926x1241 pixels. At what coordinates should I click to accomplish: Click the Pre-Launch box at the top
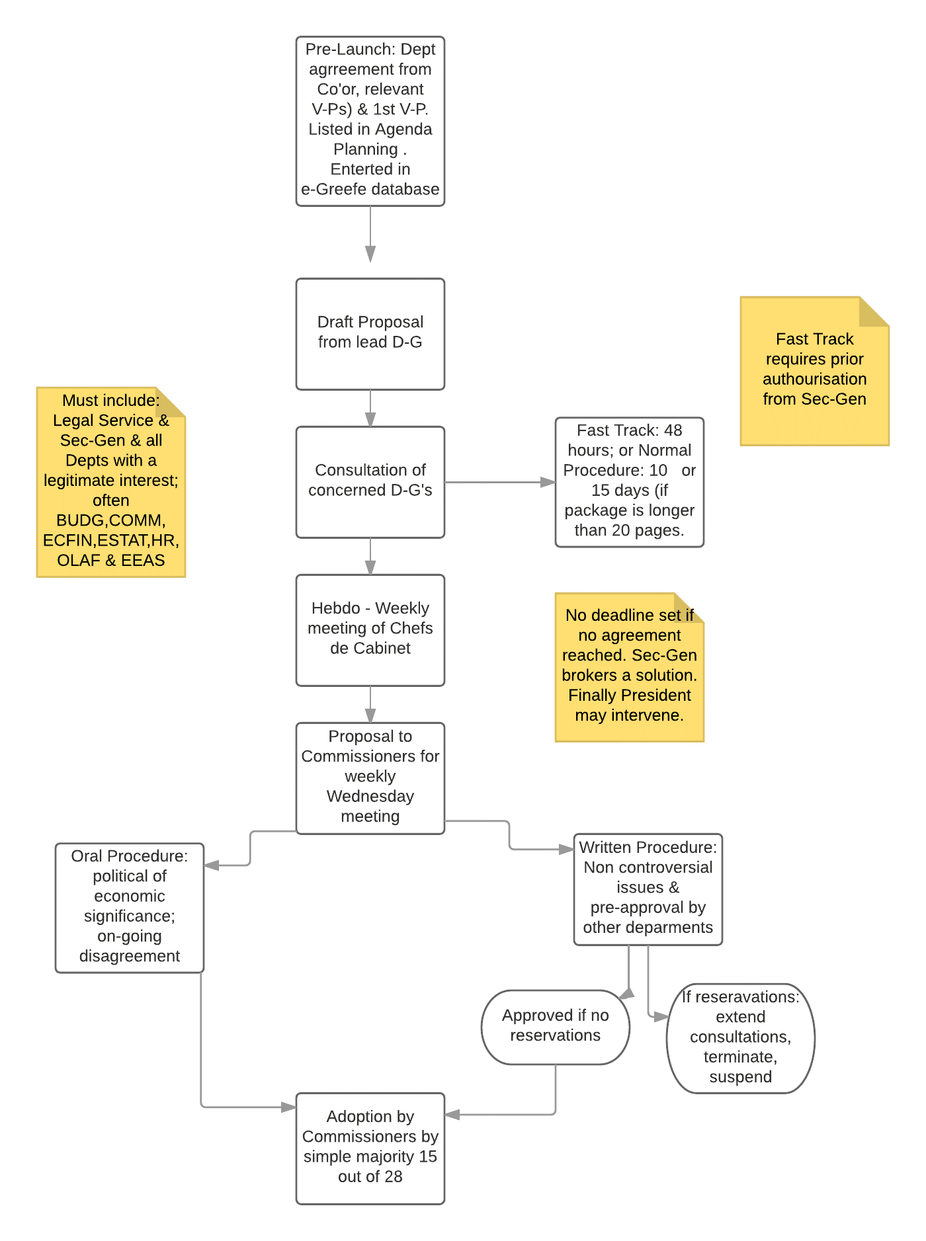(x=370, y=121)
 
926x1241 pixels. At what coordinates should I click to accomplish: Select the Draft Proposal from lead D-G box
(x=370, y=334)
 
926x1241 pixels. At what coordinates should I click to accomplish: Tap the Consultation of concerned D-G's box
(x=370, y=482)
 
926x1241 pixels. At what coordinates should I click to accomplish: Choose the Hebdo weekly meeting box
(x=370, y=630)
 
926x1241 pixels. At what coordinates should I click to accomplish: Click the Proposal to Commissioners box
(x=370, y=778)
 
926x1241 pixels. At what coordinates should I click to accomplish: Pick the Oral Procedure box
(x=130, y=908)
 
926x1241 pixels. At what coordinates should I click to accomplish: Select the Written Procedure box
(x=648, y=889)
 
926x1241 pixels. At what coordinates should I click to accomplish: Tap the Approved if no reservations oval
(x=556, y=1027)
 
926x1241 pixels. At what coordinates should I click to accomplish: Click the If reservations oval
(x=741, y=1038)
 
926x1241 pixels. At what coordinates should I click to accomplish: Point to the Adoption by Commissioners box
(x=370, y=1148)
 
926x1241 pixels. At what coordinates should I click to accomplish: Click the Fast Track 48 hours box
(x=630, y=482)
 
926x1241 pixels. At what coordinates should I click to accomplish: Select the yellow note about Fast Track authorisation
(x=815, y=371)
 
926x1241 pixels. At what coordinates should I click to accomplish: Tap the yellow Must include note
(x=111, y=482)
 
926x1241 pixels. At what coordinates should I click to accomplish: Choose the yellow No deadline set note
(x=630, y=667)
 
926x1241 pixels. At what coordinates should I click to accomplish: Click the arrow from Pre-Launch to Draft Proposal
(x=370, y=235)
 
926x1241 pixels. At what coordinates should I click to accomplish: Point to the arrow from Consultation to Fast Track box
(x=500, y=483)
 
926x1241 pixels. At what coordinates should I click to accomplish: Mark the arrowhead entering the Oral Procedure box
(x=212, y=865)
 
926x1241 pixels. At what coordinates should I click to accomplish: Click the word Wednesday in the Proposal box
(x=370, y=796)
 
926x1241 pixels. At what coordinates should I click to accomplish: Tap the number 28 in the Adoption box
(x=393, y=1176)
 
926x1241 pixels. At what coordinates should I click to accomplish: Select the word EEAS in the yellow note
(x=143, y=560)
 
